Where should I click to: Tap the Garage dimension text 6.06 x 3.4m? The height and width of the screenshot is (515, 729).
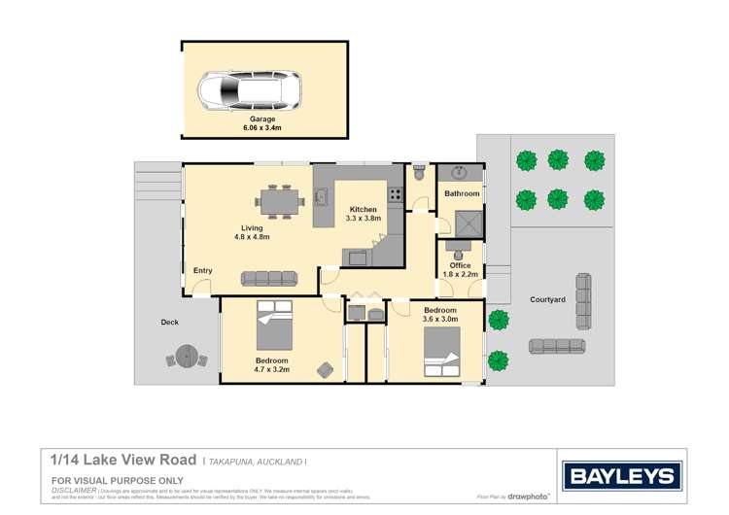pos(265,127)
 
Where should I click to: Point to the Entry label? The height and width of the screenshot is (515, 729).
pos(203,270)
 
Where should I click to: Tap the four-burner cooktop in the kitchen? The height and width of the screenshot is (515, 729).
pos(397,195)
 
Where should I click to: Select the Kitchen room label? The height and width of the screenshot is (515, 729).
pos(364,210)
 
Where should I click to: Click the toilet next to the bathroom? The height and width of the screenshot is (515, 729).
pos(419,172)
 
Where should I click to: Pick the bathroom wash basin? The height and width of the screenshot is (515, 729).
pos(461,174)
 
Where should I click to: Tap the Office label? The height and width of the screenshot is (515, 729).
pos(460,265)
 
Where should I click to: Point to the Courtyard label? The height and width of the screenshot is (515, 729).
pos(547,300)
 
